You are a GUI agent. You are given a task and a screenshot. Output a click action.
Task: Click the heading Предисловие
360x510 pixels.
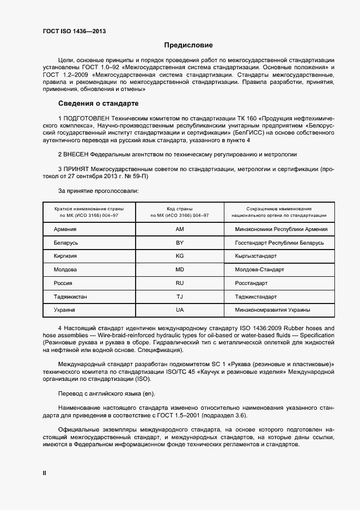[188, 45]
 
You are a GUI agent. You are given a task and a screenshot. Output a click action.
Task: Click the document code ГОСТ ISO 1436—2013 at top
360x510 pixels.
[74, 31]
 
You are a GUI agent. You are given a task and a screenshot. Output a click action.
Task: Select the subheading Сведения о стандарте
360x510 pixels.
[90, 103]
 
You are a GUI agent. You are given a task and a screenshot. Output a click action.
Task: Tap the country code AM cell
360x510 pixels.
[180, 229]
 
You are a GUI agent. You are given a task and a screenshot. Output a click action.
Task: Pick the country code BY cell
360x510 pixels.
[180, 242]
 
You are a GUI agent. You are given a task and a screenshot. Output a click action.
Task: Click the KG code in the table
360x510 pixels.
[180, 256]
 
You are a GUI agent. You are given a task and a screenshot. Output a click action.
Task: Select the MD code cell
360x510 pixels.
[180, 270]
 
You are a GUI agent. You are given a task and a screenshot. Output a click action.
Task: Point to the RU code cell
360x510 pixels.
[180, 283]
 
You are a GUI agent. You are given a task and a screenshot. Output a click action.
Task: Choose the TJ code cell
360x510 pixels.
[180, 297]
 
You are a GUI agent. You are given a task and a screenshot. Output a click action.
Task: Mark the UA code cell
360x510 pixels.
[180, 310]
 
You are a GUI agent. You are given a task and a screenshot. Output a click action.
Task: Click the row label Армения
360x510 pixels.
[65, 229]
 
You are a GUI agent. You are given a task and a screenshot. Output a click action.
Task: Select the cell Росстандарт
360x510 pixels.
[251, 283]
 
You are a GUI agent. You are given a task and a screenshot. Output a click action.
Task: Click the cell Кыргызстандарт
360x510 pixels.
[255, 256]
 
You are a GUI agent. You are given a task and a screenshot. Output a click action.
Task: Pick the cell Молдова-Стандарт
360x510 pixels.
[259, 270]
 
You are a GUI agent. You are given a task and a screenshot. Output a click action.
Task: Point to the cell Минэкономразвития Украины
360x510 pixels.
[272, 310]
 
